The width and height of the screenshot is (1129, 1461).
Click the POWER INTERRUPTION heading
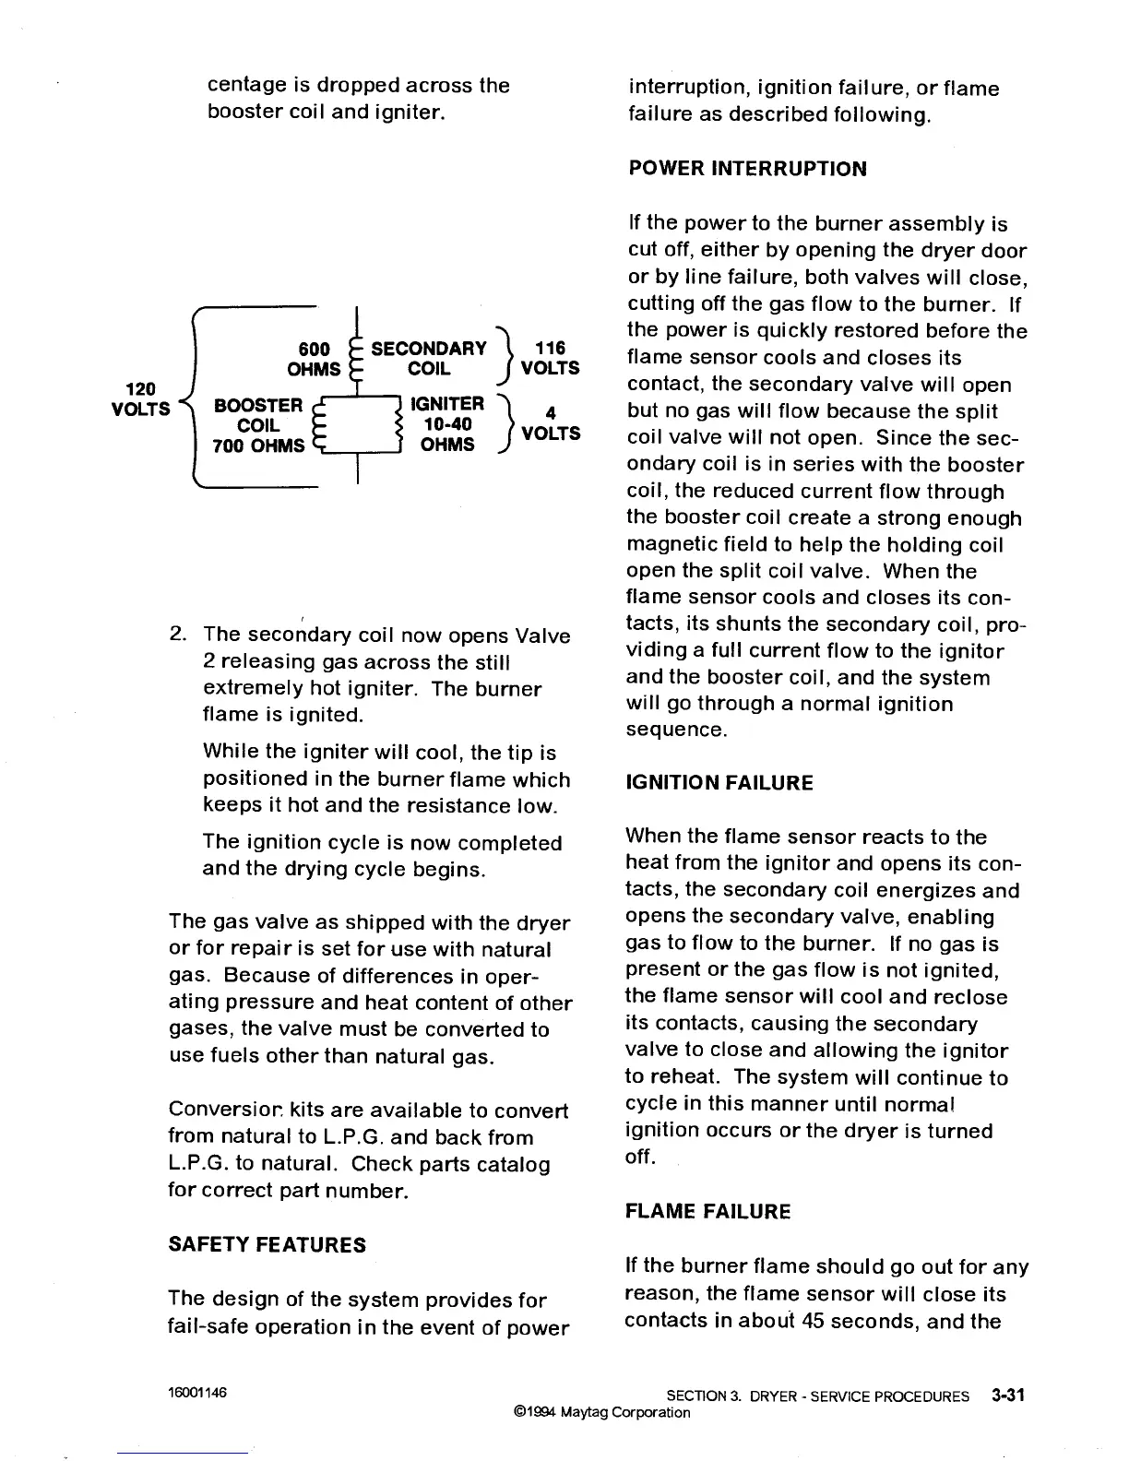[747, 169]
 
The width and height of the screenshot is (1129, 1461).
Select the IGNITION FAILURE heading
[719, 783]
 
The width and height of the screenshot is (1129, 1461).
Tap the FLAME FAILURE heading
[707, 1211]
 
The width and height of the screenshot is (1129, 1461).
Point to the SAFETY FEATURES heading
[267, 1244]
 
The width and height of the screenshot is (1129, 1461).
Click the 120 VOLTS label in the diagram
[141, 398]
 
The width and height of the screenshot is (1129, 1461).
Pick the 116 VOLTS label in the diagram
[551, 358]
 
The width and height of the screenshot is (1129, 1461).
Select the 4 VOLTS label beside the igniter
[551, 424]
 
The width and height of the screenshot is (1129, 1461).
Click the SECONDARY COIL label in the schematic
[429, 358]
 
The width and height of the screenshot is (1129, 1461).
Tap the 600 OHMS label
[315, 359]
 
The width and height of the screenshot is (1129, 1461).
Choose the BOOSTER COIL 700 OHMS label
[258, 425]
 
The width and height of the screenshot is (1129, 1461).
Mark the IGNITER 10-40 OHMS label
[447, 424]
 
